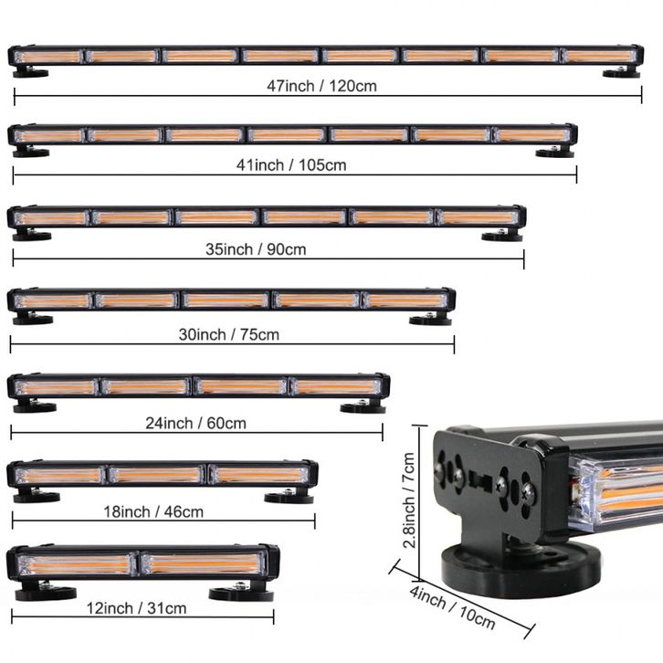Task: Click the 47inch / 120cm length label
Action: pos(321,86)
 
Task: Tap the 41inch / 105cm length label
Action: pos(291,165)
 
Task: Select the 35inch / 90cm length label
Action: pos(256,249)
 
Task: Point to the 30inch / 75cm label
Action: pos(228,334)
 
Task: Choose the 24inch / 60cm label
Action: pos(195,423)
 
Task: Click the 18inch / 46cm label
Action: pos(153,511)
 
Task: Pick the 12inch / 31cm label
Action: pos(136,608)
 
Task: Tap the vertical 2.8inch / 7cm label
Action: pos(409,500)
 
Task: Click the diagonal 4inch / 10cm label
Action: pos(452,607)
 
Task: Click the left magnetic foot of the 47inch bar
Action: pos(30,72)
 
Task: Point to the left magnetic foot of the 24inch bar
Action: pos(35,405)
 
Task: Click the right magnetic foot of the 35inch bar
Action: pos(502,235)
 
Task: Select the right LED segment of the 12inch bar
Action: pos(204,564)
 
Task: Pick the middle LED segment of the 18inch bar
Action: pos(156,475)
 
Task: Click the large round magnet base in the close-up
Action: pos(521,568)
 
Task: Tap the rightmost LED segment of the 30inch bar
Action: pos(405,300)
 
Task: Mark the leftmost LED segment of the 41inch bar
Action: pos(49,136)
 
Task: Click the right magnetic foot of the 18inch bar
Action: pos(289,497)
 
